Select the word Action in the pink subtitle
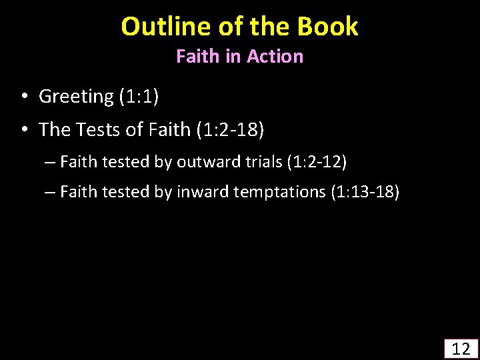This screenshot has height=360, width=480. (275, 57)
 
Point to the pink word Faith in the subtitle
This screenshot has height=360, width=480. (198, 57)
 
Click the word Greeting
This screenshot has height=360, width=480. (77, 97)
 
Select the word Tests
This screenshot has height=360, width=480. (100, 129)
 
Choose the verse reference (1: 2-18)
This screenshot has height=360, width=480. (231, 129)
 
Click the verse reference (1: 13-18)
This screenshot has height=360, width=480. (365, 193)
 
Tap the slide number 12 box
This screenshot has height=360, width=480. (461, 348)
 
